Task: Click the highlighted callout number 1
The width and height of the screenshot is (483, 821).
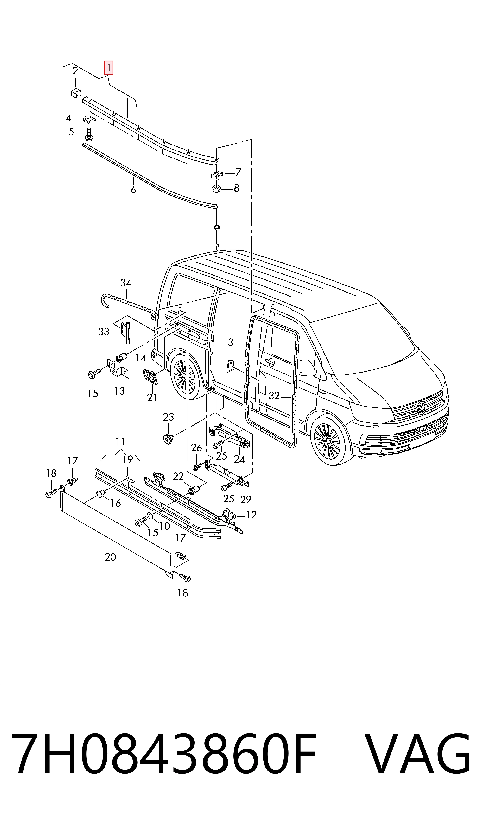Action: point(108,68)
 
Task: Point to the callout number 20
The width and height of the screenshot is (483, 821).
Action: point(110,557)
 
